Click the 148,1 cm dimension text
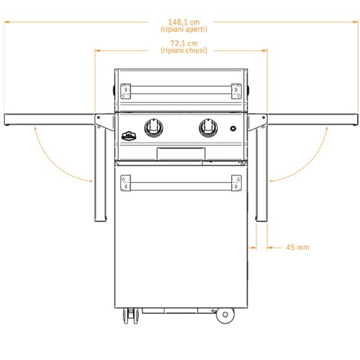184,22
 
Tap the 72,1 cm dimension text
184,43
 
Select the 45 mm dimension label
297,247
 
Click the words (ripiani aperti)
184,30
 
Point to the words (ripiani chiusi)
184,50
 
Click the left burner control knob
153,127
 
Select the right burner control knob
208,127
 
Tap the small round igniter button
233,128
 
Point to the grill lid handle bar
181,91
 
